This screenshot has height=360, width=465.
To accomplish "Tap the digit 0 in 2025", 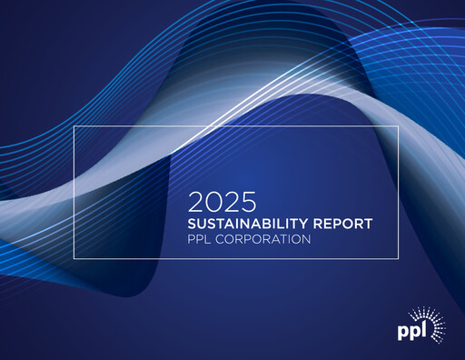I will (x=212, y=201).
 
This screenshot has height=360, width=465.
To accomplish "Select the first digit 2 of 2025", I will (x=195, y=201).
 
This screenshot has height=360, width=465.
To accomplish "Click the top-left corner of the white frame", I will (x=74, y=126).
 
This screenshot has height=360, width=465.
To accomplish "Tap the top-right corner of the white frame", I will (x=398, y=126).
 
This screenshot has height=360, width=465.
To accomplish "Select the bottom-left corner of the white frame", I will (x=74, y=258).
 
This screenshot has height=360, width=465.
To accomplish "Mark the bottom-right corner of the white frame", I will (x=398, y=258).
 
